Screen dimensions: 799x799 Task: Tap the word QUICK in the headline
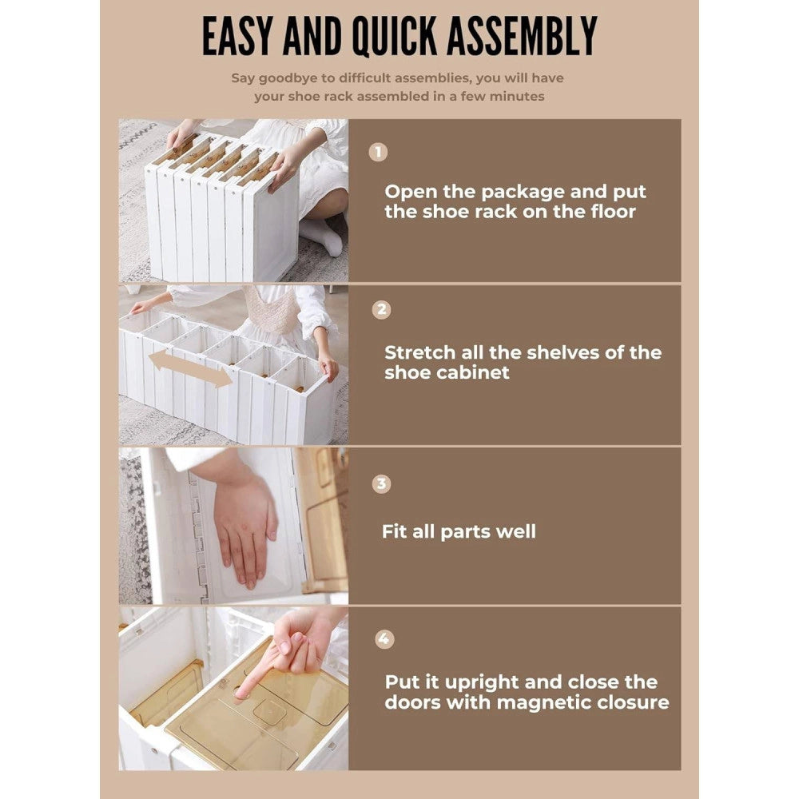point(395,36)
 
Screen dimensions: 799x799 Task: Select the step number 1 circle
point(378,152)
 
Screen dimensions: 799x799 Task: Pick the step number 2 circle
point(381,310)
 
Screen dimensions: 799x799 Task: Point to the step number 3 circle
point(381,483)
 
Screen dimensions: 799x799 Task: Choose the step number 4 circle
point(384,639)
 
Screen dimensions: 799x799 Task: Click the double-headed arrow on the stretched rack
point(190,368)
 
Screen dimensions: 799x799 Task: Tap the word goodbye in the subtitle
point(290,78)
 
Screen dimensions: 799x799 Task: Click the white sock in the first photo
point(322,237)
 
